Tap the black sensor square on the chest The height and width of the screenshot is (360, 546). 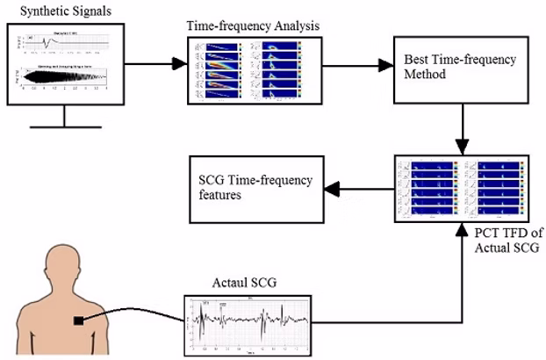tap(80, 320)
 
